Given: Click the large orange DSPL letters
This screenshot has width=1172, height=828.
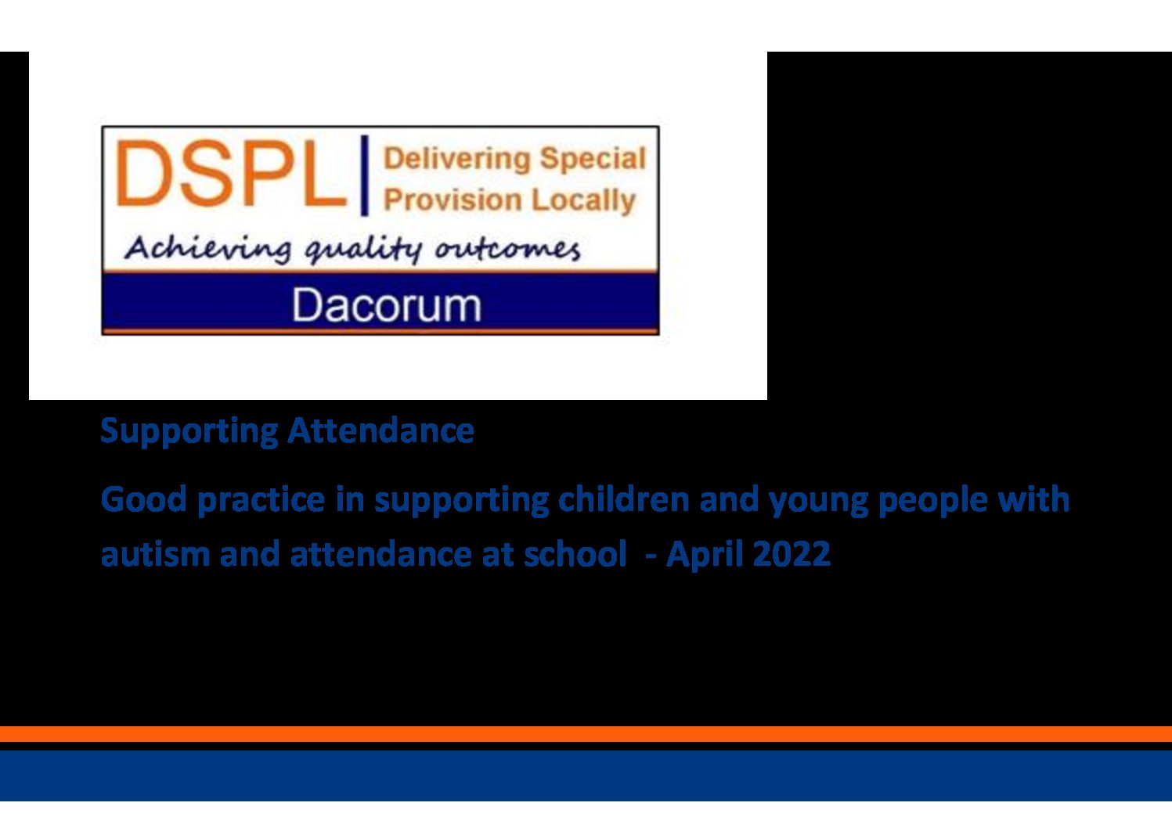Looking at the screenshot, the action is (x=231, y=174).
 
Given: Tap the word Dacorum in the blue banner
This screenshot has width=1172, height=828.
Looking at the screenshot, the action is (x=386, y=305).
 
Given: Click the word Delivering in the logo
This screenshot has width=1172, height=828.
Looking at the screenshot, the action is (x=457, y=159).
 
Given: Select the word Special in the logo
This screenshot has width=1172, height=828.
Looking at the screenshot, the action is (x=593, y=159).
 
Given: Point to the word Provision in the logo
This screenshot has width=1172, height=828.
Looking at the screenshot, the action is (x=453, y=200).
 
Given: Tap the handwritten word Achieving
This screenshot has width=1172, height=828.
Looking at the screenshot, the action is (x=207, y=249).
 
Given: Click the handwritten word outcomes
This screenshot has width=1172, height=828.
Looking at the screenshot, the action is (x=507, y=249).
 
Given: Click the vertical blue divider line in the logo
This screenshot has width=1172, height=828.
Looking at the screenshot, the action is (x=365, y=175).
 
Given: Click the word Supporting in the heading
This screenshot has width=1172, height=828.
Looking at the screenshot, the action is (x=189, y=431).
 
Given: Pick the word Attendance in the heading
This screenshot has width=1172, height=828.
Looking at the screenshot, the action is (x=380, y=430).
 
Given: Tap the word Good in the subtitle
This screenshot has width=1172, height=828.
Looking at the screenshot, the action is (x=143, y=499).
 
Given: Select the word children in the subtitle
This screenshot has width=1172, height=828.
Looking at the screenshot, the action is (x=624, y=499).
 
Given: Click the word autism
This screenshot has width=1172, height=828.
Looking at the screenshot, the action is (x=155, y=554).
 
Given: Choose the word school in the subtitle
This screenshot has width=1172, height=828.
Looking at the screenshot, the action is (x=575, y=553).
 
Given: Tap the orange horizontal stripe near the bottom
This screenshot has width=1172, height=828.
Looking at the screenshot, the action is (x=586, y=734).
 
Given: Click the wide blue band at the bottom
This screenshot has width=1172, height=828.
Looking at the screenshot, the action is (x=586, y=776).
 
